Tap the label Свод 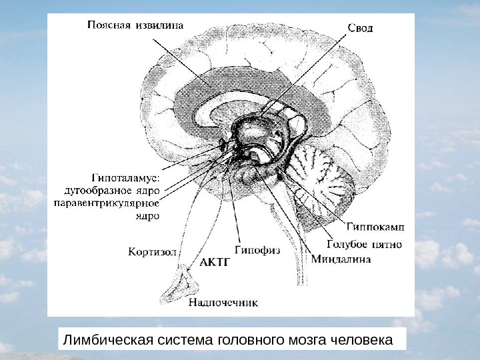(x=360, y=29)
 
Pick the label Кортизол (x=152, y=252)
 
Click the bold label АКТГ (x=215, y=263)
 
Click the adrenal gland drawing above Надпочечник (x=181, y=284)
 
